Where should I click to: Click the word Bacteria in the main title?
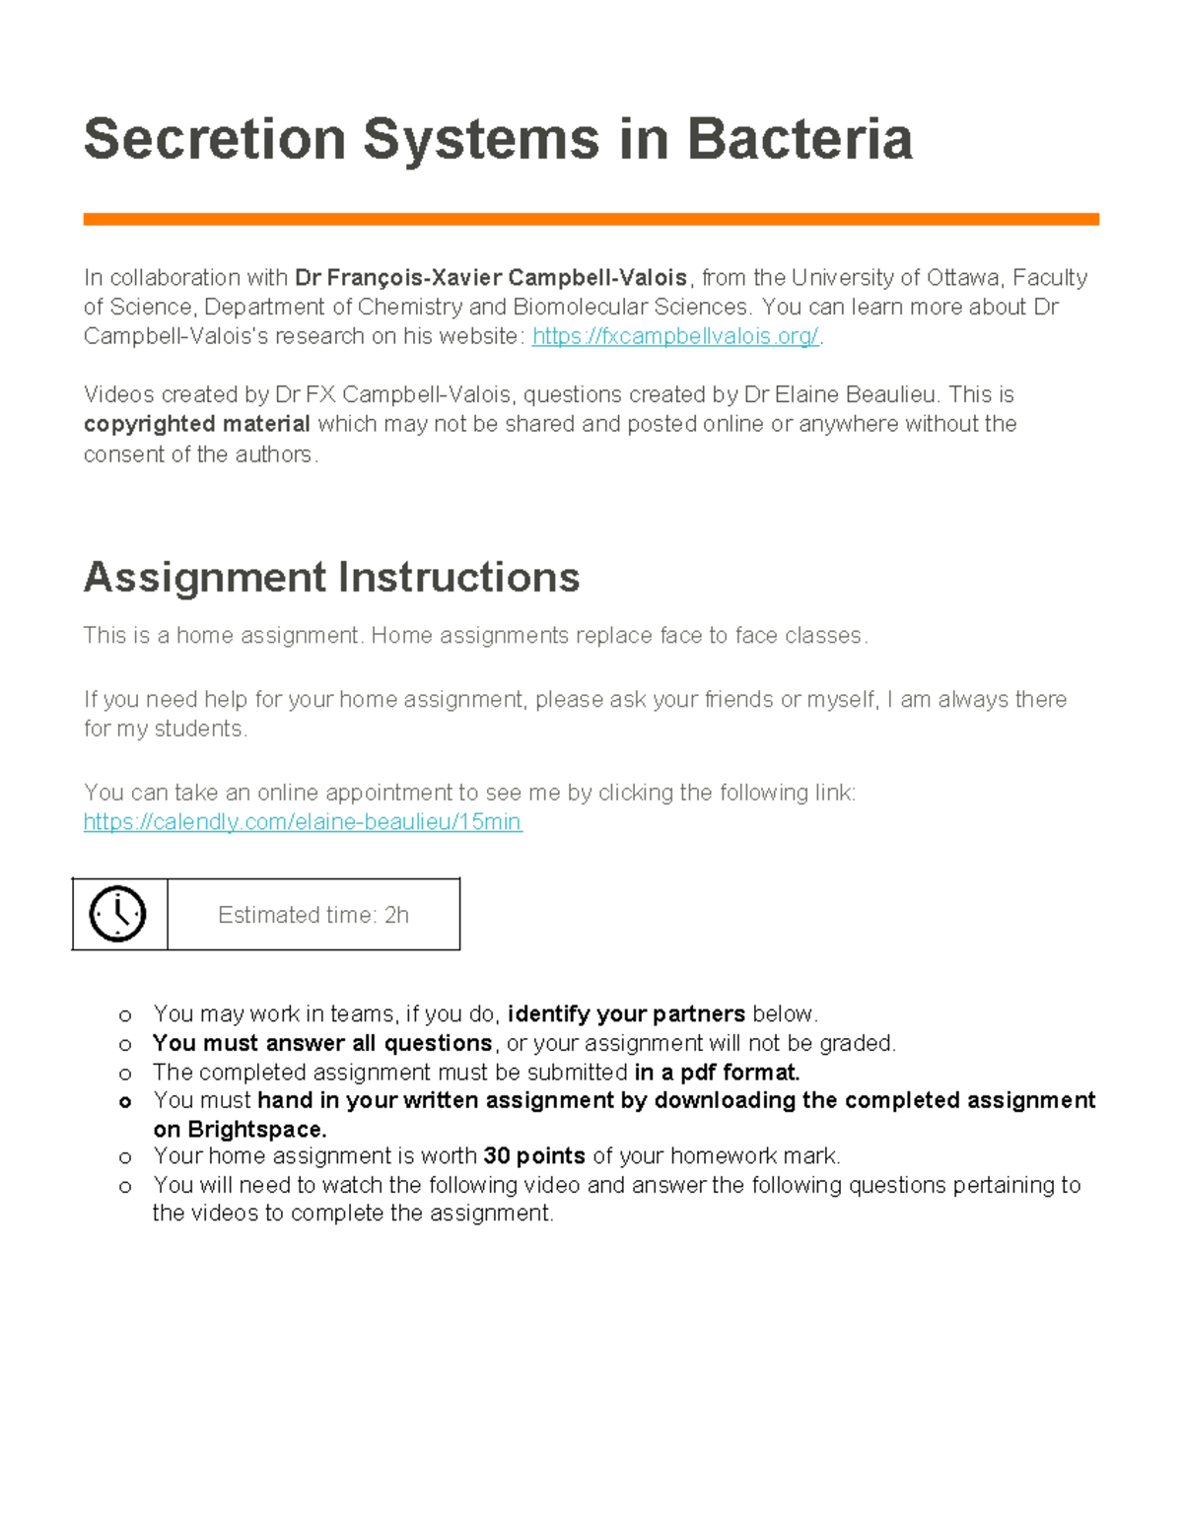[x=799, y=139]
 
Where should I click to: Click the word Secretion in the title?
[x=215, y=139]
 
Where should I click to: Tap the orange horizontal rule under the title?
[x=591, y=219]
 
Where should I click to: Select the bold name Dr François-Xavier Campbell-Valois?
[x=491, y=278]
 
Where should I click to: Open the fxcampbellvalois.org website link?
[x=675, y=336]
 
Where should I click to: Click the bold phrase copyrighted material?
[x=196, y=424]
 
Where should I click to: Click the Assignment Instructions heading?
[x=331, y=578]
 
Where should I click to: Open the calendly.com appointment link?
[x=303, y=822]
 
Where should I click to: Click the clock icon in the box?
[x=118, y=914]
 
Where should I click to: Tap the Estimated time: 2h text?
[x=313, y=915]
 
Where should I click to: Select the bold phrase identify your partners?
[x=626, y=1014]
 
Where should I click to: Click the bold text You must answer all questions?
[x=322, y=1043]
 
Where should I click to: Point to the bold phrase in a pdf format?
[x=717, y=1072]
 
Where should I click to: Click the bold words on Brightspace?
[x=240, y=1130]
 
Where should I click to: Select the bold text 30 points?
[x=534, y=1156]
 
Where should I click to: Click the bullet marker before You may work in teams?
[x=125, y=1015]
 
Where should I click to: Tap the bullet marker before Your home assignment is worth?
[x=125, y=1157]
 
